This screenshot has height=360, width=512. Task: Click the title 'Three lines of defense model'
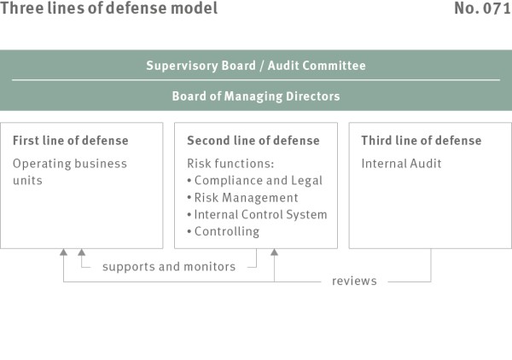[108, 9]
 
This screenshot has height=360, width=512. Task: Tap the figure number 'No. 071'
[483, 9]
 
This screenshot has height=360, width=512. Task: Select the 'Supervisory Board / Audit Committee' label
[256, 66]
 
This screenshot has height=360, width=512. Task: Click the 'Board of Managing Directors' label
[256, 96]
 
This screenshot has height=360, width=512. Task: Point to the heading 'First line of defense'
[71, 141]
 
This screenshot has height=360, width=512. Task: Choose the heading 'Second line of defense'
[253, 141]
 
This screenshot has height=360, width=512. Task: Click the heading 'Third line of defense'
[422, 141]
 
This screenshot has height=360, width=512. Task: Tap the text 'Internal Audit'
[401, 164]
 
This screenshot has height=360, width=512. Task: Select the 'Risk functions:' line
[230, 164]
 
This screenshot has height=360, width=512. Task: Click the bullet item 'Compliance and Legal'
[255, 181]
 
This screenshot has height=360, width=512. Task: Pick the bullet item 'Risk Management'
[242, 198]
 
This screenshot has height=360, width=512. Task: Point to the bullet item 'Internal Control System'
[258, 215]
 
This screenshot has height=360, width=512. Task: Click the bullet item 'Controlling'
[224, 232]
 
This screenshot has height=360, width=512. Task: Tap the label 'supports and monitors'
[169, 267]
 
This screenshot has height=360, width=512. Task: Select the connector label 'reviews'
[354, 281]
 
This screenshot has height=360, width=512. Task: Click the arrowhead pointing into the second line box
[274, 252]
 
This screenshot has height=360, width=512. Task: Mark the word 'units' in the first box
[28, 181]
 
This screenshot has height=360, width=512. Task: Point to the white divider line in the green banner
[256, 79]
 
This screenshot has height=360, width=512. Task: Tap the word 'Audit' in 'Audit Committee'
[282, 66]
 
